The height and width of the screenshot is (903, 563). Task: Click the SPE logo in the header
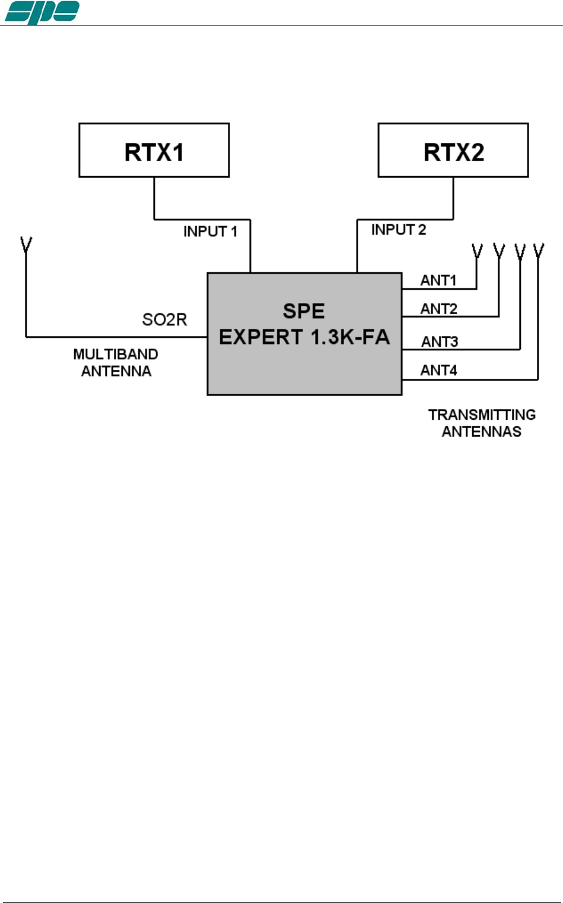pos(42,12)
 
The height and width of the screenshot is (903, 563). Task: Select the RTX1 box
pos(154,150)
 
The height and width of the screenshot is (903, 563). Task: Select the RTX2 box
pos(453,150)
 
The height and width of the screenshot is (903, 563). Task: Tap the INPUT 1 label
pos(210,231)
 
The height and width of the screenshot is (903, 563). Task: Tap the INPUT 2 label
pos(399,229)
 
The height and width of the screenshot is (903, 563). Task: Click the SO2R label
pos(164,320)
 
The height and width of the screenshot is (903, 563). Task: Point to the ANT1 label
pos(438,280)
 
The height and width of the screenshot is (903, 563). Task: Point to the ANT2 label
pos(439,308)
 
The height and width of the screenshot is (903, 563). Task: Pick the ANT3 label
pos(440,342)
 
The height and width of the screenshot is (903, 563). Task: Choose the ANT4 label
pos(439,370)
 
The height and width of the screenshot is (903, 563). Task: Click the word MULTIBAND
pos(116,354)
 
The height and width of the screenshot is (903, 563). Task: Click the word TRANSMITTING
pos(482,414)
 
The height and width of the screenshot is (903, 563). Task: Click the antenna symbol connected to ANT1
pos(477,251)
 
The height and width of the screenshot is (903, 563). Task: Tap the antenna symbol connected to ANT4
pos(539,251)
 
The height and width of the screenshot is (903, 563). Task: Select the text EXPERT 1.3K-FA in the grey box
pos(304,337)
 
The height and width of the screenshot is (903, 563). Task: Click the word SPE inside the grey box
pos(304,311)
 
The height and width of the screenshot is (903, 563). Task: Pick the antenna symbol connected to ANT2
pos(499,251)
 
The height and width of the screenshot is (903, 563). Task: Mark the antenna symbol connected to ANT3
pos(520,251)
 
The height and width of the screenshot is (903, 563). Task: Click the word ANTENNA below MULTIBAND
pos(116,371)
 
